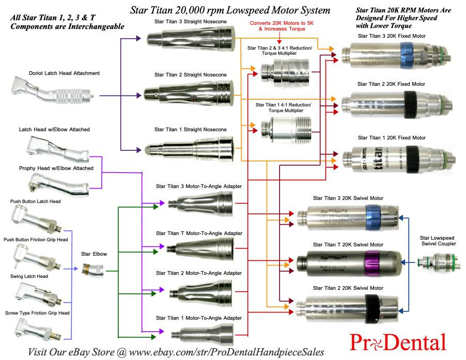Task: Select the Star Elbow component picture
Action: point(93,269)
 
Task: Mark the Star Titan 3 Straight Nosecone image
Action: point(189,38)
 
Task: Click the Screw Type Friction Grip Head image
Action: point(36,328)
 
